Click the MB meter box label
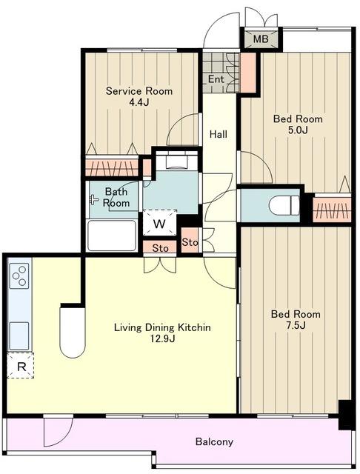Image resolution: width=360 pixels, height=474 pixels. [x=261, y=39]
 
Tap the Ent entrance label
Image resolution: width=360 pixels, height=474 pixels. [x=216, y=79]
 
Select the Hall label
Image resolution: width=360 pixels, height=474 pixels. [x=219, y=134]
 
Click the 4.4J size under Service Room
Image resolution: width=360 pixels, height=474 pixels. [x=139, y=102]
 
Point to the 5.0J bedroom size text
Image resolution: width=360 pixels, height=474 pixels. [x=298, y=130]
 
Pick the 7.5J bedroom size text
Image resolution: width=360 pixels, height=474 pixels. [x=296, y=325]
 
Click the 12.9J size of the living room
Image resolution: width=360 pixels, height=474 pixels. [x=163, y=338]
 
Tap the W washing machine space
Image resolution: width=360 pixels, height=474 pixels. [x=159, y=223]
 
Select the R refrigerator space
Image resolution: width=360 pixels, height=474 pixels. [x=21, y=365]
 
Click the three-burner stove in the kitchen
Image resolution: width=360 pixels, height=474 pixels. [x=19, y=276]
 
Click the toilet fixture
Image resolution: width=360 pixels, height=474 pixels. [x=284, y=204]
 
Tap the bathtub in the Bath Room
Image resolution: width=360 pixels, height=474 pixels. [x=112, y=236]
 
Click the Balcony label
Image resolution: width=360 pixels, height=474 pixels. [x=214, y=441]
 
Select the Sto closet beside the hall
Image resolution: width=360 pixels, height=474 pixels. [x=190, y=241]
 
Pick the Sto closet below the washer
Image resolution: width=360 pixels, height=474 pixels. [x=160, y=248]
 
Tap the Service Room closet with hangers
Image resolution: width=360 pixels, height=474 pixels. [x=112, y=167]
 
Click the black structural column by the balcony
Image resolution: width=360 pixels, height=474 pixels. [x=345, y=415]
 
